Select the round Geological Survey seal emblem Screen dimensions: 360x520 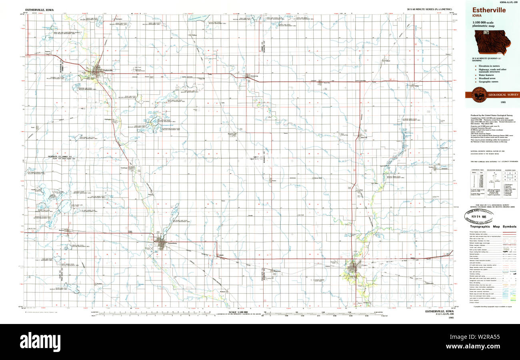(x=479, y=95)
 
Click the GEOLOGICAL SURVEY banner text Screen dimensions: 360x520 (x=503, y=95)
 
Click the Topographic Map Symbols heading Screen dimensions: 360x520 (x=492, y=226)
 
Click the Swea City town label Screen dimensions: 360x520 (x=326, y=83)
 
